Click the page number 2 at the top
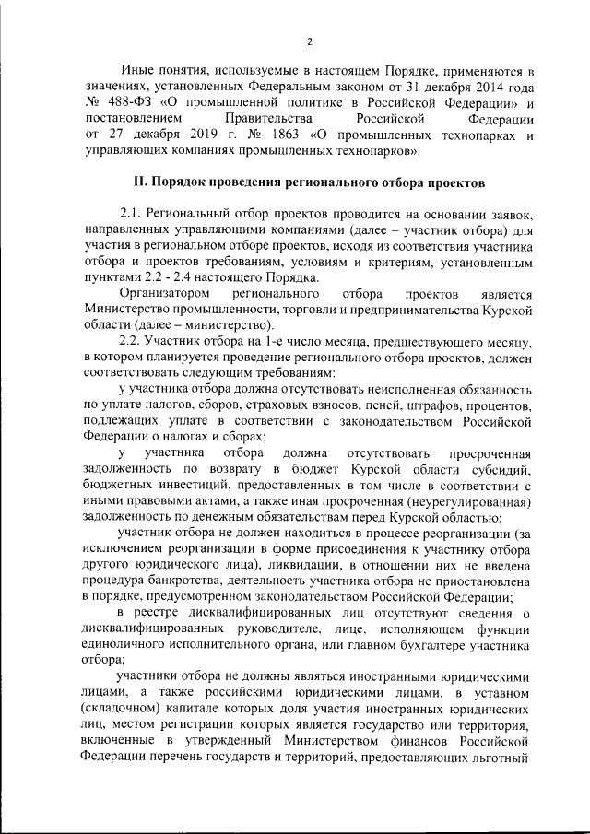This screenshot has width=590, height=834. [x=310, y=41]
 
